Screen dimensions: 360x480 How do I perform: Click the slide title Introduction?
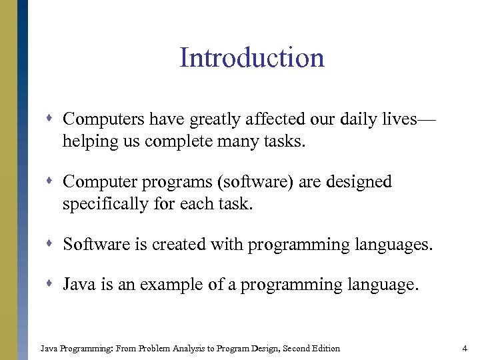pyautogui.click(x=251, y=58)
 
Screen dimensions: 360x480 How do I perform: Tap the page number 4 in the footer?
pyautogui.click(x=464, y=348)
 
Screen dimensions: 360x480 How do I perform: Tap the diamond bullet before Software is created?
pyautogui.click(x=52, y=245)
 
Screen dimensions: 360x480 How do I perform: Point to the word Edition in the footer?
pyautogui.click(x=325, y=348)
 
